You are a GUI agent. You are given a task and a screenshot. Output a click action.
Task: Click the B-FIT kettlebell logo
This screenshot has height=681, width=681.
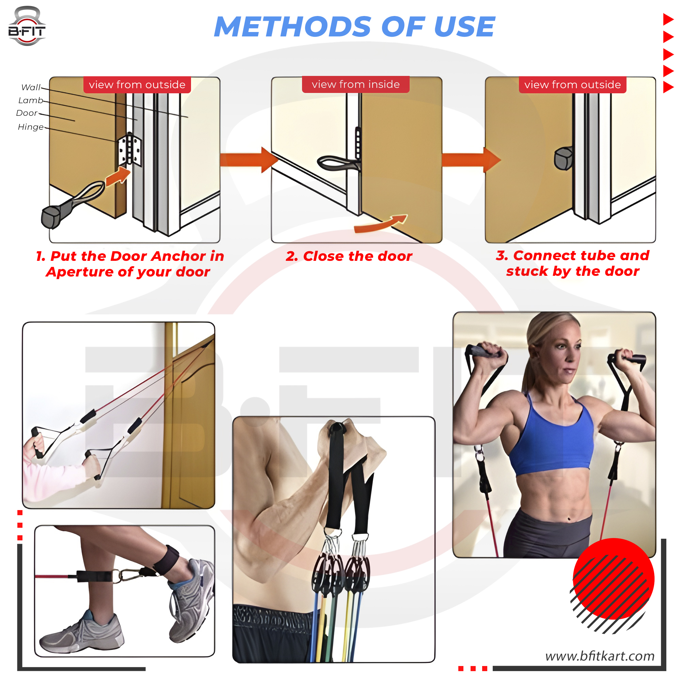tap(27, 27)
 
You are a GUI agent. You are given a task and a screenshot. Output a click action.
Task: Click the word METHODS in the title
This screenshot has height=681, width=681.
tap(292, 27)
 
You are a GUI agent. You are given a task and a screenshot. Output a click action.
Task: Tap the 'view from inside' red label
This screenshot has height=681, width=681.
tap(356, 84)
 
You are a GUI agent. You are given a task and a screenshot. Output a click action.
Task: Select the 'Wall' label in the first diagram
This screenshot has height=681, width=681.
tap(31, 88)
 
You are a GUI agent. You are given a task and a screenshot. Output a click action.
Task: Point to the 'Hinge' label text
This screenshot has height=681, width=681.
tap(31, 127)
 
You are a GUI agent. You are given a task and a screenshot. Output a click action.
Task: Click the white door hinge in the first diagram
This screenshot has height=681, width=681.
tap(130, 149)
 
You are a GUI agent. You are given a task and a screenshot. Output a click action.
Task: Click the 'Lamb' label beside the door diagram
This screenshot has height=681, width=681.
tap(31, 100)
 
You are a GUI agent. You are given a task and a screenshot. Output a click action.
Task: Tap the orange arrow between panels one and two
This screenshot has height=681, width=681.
tap(249, 160)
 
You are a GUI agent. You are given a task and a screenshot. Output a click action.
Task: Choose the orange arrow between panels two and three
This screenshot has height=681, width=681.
tap(471, 160)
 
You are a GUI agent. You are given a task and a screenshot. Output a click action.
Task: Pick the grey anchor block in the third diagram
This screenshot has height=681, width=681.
tap(563, 158)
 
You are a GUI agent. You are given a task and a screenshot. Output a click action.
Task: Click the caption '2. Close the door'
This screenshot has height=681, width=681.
tap(349, 256)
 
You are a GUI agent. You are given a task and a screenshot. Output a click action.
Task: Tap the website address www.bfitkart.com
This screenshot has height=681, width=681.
tap(600, 656)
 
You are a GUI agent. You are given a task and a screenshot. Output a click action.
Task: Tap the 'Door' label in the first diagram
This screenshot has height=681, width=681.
tap(27, 113)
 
